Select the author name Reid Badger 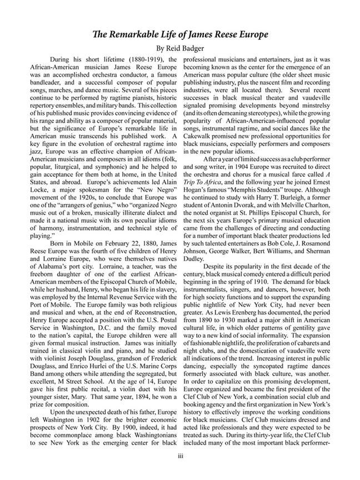point(189,48)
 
